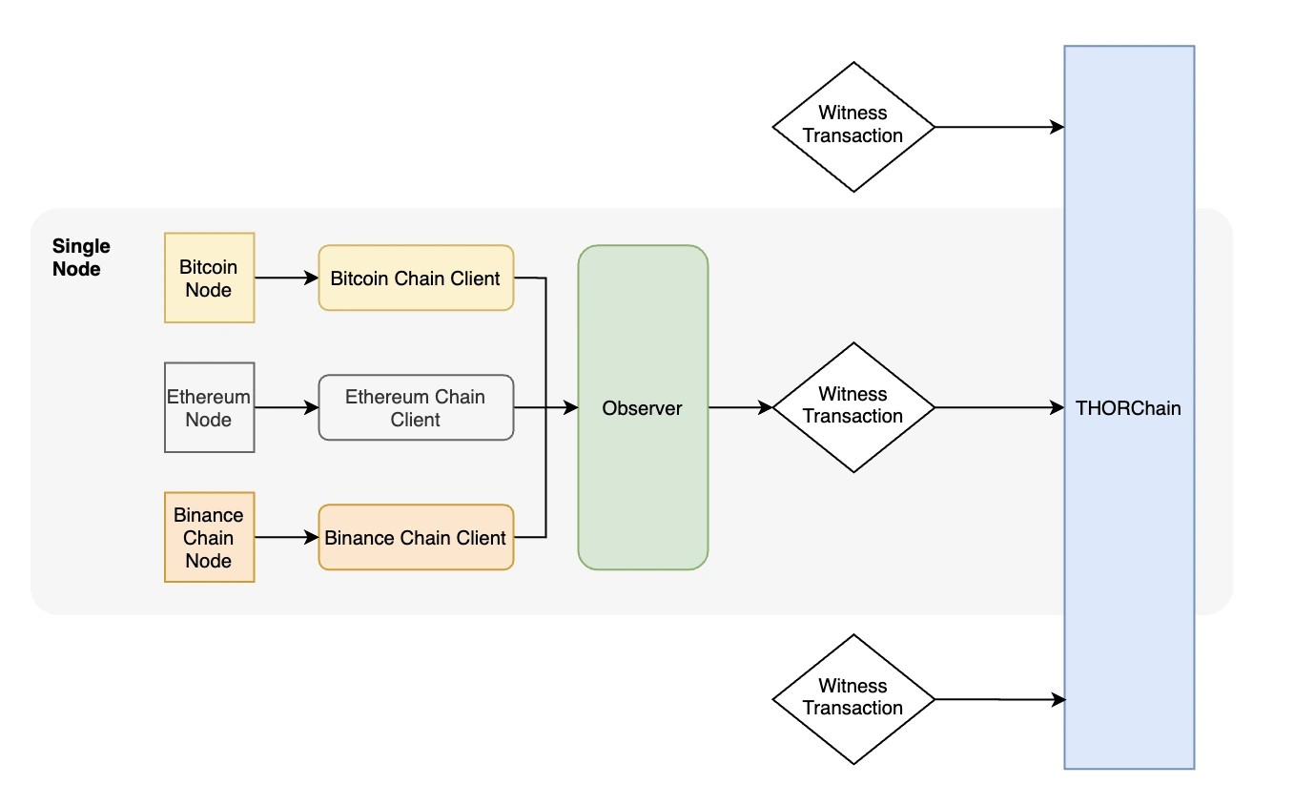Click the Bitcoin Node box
pos(209,278)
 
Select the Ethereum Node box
pos(209,407)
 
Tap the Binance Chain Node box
pos(209,537)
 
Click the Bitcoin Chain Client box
pos(416,278)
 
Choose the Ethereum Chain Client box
pos(416,407)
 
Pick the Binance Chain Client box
pos(416,537)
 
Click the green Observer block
pos(643,477)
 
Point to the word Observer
pos(642,408)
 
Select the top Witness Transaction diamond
pos(852,127)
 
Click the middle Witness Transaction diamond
pos(852,407)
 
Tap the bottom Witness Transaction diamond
pos(852,699)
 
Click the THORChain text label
pos(1128,408)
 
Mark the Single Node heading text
pos(81,258)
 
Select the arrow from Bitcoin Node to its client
pos(286,278)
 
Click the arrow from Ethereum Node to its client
pos(286,407)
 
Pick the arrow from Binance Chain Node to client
pos(286,537)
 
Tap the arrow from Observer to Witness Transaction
pos(740,407)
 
